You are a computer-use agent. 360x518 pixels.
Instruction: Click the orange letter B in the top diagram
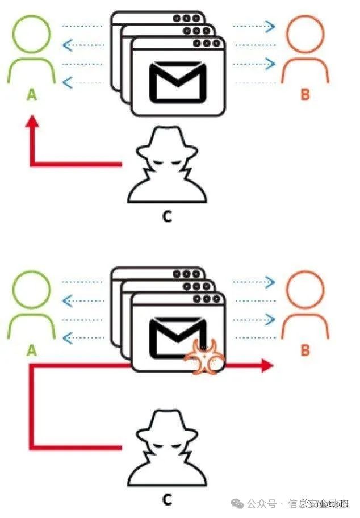[305, 94]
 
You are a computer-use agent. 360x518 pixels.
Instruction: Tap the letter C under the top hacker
[166, 216]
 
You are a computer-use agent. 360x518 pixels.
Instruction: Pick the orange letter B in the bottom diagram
[305, 350]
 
